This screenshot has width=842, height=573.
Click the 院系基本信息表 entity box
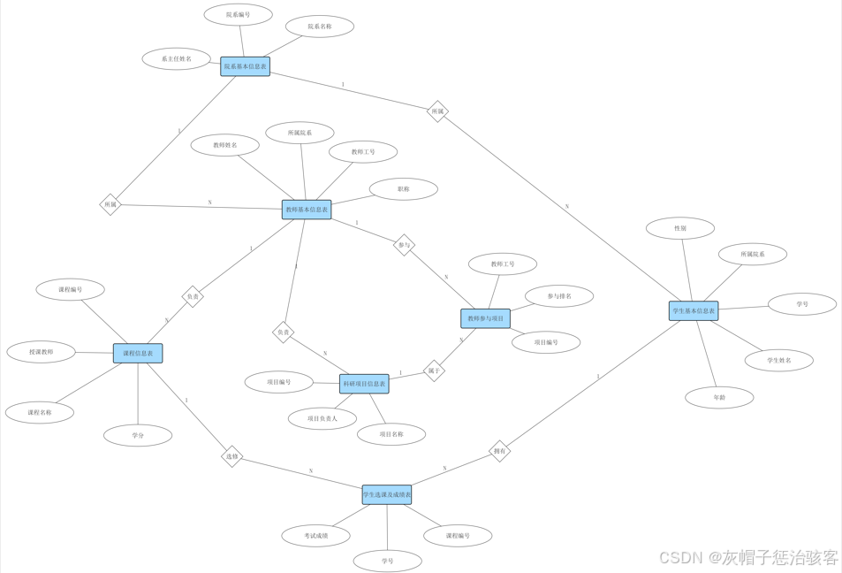[x=245, y=66]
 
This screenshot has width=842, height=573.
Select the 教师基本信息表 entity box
[x=307, y=210]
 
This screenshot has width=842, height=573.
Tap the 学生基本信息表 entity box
[x=694, y=310]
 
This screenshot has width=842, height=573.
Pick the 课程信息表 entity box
[x=138, y=354]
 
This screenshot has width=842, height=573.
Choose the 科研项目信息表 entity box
[x=364, y=384]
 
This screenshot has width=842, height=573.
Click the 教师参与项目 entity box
[x=485, y=318]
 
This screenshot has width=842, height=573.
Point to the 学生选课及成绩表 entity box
[x=387, y=495]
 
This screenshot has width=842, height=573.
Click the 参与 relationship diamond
[x=404, y=245]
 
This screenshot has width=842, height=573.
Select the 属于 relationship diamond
[x=434, y=371]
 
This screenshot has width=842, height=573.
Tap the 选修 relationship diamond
[x=232, y=456]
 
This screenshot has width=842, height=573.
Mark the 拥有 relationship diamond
[x=500, y=451]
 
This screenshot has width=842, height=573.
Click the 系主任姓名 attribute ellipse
[x=176, y=59]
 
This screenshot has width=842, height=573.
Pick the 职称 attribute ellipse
[x=403, y=189]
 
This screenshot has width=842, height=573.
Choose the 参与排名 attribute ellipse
[x=558, y=296]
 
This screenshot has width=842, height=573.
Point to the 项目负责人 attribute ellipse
[x=322, y=418]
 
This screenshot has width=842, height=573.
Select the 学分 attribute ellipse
[x=138, y=435]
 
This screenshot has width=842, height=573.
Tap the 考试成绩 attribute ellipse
[x=315, y=535]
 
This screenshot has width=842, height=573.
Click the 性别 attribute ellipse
[x=679, y=228]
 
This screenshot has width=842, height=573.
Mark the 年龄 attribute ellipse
[x=719, y=398]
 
